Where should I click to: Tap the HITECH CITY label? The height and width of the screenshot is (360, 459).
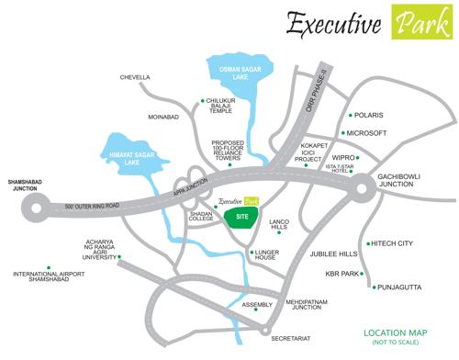point(393,243)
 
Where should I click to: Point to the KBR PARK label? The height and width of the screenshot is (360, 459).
point(341,273)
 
